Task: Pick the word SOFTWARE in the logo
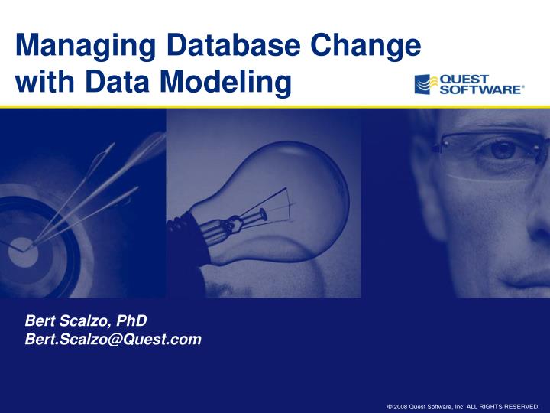click(x=481, y=89)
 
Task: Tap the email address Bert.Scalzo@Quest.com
click(x=114, y=339)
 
